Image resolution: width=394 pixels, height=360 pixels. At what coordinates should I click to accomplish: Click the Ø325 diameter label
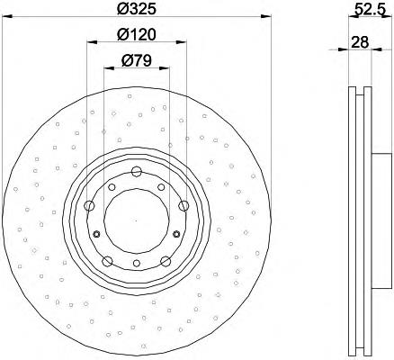point(137,8)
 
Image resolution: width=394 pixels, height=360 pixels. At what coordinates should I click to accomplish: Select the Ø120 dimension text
point(137,35)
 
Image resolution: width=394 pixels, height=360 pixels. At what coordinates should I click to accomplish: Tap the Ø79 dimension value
point(137,61)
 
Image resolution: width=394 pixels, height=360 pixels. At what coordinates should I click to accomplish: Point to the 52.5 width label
point(370,10)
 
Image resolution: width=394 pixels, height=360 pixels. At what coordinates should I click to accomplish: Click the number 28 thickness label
point(360,42)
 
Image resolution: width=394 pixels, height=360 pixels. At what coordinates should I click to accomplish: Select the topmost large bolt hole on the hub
point(137,172)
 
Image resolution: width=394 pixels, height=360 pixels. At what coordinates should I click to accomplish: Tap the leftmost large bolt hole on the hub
point(89,206)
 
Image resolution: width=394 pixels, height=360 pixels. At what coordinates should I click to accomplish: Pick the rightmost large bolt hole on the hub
point(184,206)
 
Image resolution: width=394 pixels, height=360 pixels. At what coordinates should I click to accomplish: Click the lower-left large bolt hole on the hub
point(107,261)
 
